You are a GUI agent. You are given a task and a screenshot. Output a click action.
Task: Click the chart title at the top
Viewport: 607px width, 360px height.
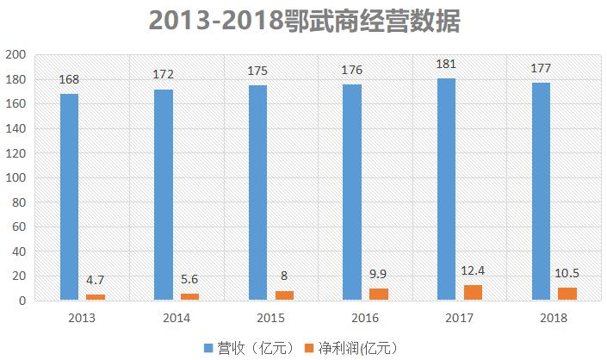pyautogui.click(x=304, y=21)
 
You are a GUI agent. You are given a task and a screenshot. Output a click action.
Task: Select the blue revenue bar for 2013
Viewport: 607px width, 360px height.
pyautogui.click(x=69, y=197)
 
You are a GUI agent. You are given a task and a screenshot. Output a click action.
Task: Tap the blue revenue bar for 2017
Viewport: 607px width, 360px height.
pyautogui.click(x=446, y=189)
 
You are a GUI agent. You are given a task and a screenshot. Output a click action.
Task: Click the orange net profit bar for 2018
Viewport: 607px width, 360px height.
pyautogui.click(x=567, y=294)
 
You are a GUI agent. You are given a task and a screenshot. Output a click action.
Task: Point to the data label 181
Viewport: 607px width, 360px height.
pyautogui.click(x=446, y=64)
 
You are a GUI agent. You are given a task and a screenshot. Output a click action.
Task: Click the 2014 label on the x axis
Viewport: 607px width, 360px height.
pyautogui.click(x=176, y=318)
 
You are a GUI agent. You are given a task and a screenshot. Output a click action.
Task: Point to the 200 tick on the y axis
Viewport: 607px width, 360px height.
pyautogui.click(x=17, y=55)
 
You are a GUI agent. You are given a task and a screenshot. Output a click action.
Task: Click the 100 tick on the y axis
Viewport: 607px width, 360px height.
pyautogui.click(x=17, y=178)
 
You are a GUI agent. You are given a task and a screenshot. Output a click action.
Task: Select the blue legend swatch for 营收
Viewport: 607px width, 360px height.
pyautogui.click(x=207, y=347)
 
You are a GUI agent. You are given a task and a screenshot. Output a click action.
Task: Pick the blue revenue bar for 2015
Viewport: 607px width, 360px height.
pyautogui.click(x=257, y=193)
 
